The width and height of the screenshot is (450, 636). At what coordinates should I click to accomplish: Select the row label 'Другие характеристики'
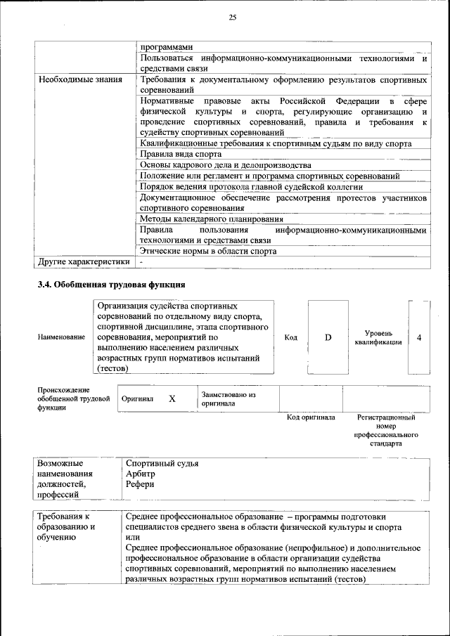pos(84,261)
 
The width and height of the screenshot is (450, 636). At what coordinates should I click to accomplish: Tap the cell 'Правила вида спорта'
pos(180,154)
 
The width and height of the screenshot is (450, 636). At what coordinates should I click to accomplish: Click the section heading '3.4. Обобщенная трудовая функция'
pos(111,285)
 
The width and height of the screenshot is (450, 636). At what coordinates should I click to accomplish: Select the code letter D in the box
pos(328,337)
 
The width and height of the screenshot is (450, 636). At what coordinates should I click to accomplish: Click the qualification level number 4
pos(419,337)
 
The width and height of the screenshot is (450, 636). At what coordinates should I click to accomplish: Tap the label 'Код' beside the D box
pos(290,337)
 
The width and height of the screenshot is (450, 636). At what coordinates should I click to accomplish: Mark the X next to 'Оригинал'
pos(172,398)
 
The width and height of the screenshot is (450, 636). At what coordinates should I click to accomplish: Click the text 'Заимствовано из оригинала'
pos(228,399)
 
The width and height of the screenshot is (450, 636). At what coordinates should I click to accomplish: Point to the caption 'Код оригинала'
pos(311,417)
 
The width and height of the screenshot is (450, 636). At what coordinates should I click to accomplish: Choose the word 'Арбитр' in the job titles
pos(140,474)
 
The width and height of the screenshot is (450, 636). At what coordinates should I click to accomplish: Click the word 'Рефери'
pos(139,484)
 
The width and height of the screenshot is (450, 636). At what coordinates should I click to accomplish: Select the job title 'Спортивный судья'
pos(162,463)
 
